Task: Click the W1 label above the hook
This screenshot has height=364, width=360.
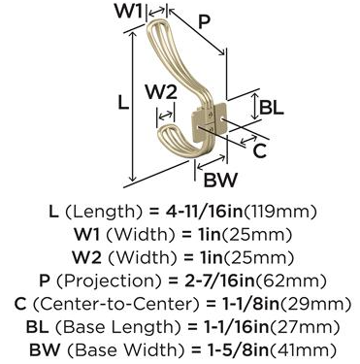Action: pyautogui.click(x=128, y=12)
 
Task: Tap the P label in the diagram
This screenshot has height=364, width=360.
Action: pyautogui.click(x=204, y=21)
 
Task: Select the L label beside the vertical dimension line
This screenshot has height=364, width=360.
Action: pyautogui.click(x=123, y=103)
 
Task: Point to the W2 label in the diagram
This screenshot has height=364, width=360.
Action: pyautogui.click(x=161, y=91)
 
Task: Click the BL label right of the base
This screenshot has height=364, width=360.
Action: pyautogui.click(x=272, y=107)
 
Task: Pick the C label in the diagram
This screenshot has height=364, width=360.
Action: pyautogui.click(x=259, y=150)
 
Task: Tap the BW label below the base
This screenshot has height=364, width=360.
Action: pyautogui.click(x=220, y=180)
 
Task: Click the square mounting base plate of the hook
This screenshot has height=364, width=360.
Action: pyautogui.click(x=209, y=122)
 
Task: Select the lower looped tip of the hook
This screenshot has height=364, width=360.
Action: pyautogui.click(x=164, y=132)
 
